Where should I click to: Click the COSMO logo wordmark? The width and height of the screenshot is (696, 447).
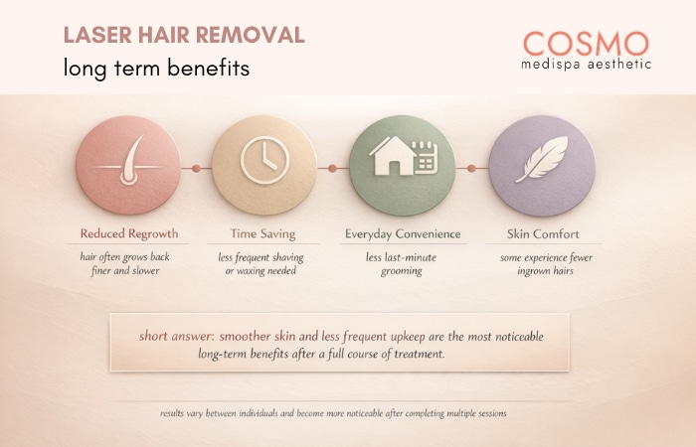(x=586, y=42)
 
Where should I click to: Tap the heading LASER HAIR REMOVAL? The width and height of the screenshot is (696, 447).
(x=184, y=36)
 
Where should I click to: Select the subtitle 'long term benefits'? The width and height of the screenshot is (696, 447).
(x=155, y=70)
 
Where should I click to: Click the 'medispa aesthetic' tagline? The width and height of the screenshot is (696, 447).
(x=586, y=65)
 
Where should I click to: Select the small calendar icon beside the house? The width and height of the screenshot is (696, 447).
(x=425, y=159)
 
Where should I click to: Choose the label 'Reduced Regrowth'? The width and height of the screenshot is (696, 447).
(x=129, y=234)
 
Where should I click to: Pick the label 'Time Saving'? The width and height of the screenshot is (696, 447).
(x=263, y=234)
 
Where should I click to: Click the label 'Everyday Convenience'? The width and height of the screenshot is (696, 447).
(x=403, y=234)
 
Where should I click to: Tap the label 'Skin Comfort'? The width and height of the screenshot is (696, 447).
(x=542, y=234)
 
